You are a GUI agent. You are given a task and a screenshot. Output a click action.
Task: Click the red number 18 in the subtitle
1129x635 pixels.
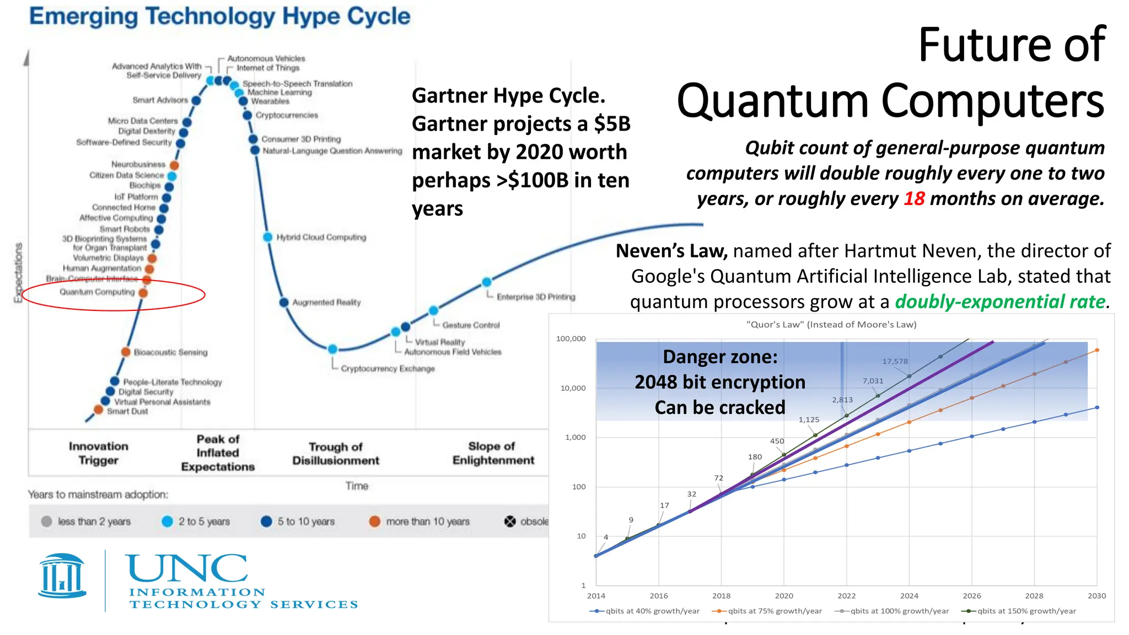913,199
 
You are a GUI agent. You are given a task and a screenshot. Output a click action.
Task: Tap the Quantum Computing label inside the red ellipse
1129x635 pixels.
97,292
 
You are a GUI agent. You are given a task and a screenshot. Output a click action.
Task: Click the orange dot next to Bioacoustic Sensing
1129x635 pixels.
126,352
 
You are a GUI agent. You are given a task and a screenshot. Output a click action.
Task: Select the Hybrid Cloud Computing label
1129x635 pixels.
321,238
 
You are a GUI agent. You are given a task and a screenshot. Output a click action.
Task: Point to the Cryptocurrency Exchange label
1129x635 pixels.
388,369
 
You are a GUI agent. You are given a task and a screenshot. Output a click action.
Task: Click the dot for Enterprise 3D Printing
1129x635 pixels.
487,282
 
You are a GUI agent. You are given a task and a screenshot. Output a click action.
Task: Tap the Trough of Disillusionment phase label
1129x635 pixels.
336,454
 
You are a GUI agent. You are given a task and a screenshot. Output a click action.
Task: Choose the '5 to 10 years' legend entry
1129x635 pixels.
305,521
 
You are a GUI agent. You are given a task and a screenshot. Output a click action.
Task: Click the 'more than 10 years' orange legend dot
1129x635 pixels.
375,521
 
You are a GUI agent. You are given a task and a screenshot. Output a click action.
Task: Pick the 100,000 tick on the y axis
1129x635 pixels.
571,339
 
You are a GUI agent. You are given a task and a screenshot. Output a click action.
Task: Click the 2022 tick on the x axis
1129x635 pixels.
846,596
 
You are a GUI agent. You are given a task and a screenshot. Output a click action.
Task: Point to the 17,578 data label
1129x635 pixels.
895,362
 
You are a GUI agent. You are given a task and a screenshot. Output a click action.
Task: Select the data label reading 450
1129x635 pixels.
777,442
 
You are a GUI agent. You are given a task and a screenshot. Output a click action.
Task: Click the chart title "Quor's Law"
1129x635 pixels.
831,325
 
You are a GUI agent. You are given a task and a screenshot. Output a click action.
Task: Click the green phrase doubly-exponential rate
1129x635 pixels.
1000,302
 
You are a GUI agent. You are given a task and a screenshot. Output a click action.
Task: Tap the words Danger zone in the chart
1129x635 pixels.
719,357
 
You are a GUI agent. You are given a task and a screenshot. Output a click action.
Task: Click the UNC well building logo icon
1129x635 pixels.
62,577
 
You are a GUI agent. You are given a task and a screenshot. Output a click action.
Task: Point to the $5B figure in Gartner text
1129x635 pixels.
612,124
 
